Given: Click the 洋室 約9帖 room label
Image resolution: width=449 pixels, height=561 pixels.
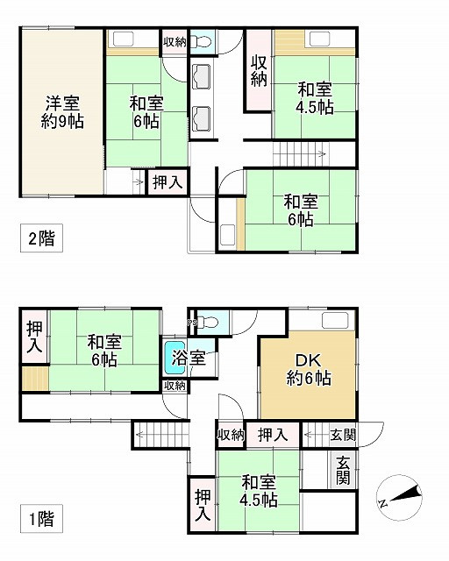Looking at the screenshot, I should coord(62,112).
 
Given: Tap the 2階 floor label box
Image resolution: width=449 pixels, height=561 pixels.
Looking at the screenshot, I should coord(39,238).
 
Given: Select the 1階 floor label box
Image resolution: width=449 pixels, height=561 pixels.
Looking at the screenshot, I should coord(39,518).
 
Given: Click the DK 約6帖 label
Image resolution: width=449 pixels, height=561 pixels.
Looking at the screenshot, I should coord(307,371).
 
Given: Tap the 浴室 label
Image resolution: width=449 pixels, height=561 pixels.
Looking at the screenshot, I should coord(188,358).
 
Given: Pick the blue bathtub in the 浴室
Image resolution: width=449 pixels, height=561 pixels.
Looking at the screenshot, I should coord(172,358).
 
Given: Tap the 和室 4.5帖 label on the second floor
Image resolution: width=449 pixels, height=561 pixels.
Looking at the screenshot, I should coord(314,97).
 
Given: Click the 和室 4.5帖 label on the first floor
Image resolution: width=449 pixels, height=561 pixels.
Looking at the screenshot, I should coord(260,491).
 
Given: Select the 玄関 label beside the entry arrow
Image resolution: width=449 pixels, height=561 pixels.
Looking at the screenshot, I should coord(343,434).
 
